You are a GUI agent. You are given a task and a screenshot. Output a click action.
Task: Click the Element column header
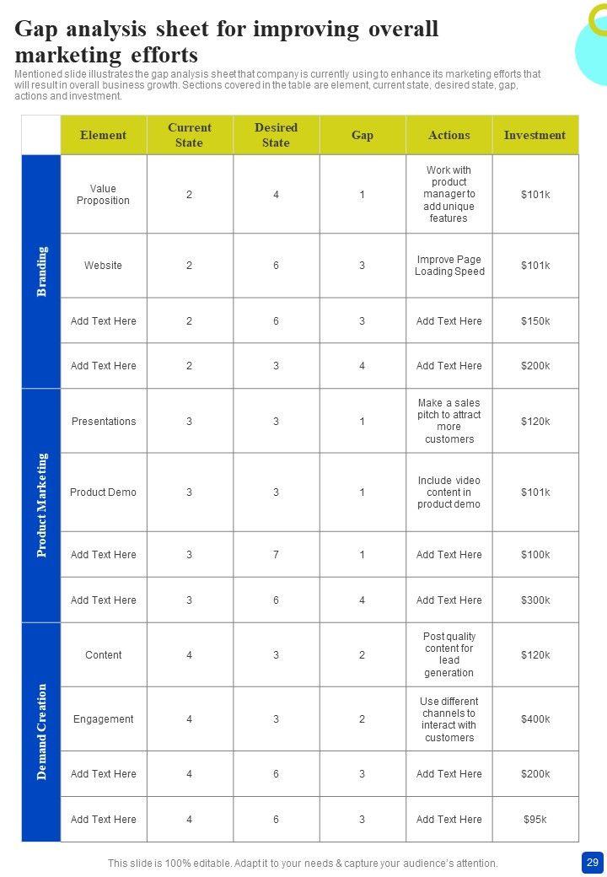(103, 135)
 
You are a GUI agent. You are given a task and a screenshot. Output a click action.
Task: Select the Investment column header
(534, 135)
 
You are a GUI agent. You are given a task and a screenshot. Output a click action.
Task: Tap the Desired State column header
(276, 135)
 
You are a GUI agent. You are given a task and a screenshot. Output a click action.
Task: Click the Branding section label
(41, 271)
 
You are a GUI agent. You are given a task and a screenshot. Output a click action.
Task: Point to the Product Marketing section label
(41, 505)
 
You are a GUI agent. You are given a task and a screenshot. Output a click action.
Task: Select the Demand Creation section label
(41, 731)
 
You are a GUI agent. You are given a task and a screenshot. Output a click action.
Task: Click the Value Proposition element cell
(103, 195)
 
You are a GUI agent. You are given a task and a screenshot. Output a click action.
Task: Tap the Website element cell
(103, 266)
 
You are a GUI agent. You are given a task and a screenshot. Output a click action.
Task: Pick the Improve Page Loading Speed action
(449, 266)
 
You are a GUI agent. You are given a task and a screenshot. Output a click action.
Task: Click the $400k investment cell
(535, 719)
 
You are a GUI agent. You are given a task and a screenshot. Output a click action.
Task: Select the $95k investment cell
(535, 820)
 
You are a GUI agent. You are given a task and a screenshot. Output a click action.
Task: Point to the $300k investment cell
(535, 600)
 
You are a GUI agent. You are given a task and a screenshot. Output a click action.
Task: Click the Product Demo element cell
(103, 492)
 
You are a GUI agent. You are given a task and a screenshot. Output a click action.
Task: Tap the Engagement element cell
(103, 719)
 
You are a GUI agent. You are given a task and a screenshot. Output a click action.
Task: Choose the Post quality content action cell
(449, 654)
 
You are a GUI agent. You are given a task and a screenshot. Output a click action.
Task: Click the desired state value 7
(276, 555)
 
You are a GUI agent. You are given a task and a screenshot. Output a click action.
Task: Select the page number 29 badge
(592, 863)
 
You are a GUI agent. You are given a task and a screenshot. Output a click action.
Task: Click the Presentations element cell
(103, 422)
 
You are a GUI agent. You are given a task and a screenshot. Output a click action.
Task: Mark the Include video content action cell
(449, 492)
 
